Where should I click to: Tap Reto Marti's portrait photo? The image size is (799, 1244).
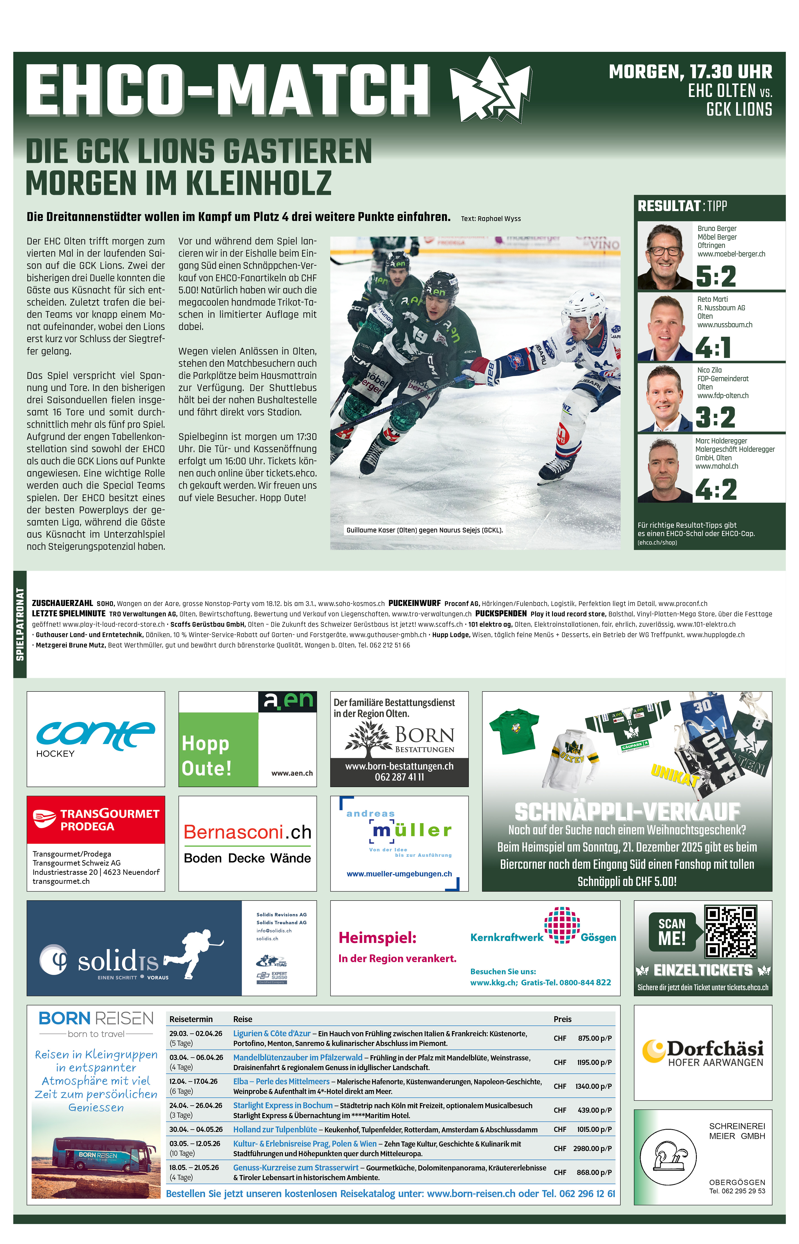[x=665, y=328]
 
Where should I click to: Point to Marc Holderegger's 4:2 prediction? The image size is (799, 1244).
[x=716, y=489]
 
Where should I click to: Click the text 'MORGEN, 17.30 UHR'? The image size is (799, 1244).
[x=690, y=71]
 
